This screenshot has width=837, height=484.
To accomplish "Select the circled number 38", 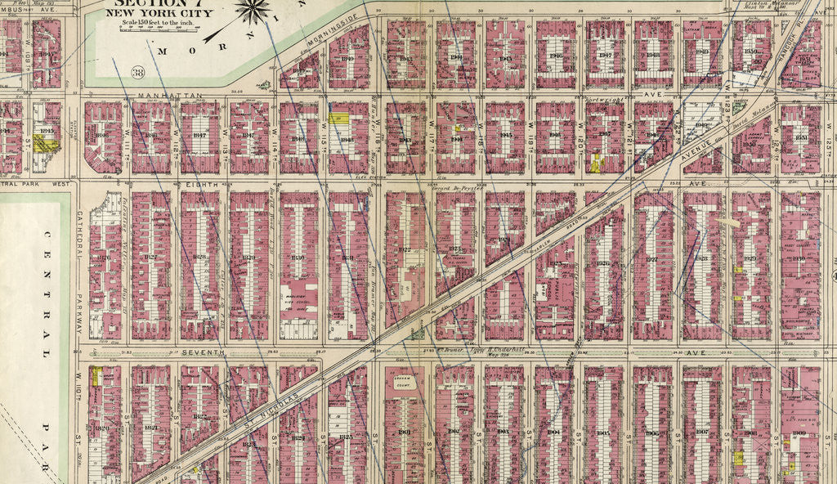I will [x=138, y=74].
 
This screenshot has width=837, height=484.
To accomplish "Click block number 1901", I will [x=404, y=432].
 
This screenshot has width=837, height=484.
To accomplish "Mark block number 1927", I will [x=651, y=261].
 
